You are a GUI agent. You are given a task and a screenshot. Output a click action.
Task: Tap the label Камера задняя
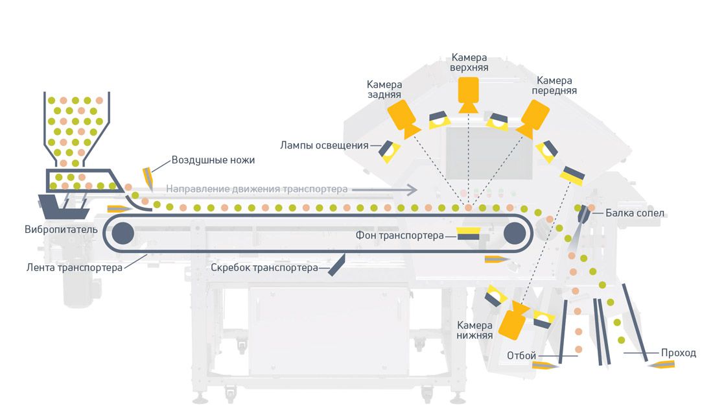(384, 90)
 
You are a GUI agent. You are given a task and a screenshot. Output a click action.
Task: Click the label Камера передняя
(554, 86)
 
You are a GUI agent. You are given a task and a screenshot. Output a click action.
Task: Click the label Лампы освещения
(325, 145)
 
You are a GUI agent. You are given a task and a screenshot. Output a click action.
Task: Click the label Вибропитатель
(62, 229)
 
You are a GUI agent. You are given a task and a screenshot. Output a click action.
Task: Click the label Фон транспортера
(400, 235)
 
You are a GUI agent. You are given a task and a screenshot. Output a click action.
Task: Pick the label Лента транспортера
(75, 267)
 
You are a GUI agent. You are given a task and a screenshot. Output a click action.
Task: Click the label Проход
(678, 354)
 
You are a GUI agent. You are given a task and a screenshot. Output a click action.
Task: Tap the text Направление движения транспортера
(257, 189)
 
